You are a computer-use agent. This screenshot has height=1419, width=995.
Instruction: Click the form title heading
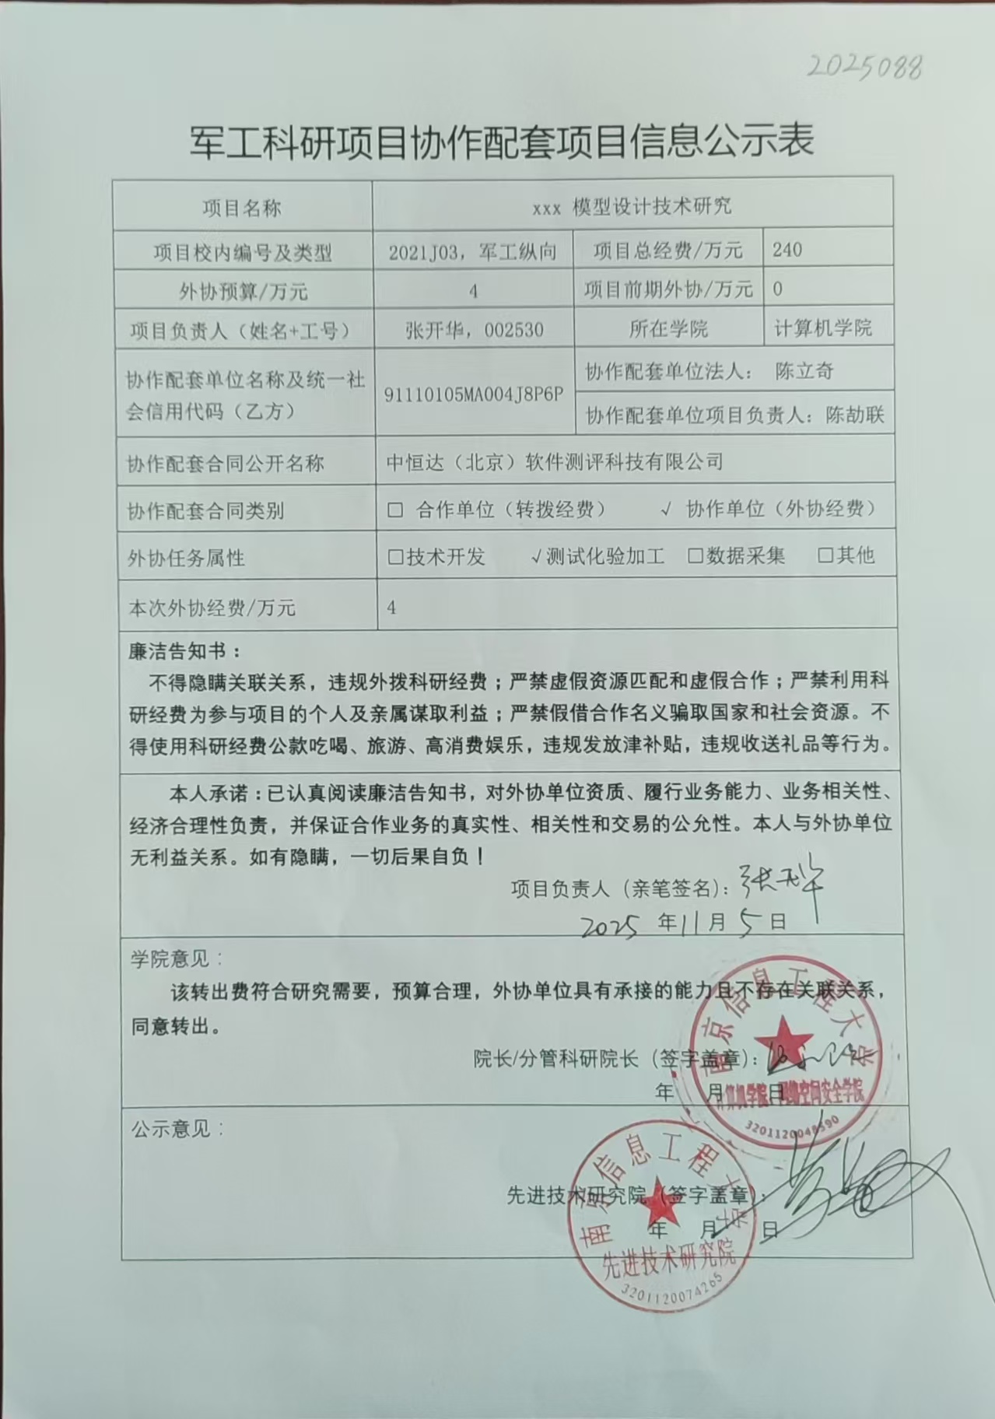click(502, 142)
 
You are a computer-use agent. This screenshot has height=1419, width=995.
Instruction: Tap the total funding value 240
click(787, 250)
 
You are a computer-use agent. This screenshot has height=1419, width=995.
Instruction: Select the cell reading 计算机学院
click(822, 328)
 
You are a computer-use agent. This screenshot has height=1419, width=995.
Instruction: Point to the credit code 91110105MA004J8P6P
click(474, 394)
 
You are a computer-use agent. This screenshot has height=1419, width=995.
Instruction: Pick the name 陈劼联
click(855, 415)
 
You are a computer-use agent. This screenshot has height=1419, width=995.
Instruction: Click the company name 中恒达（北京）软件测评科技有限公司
click(555, 462)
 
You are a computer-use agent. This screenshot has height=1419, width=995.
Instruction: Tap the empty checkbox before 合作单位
click(395, 510)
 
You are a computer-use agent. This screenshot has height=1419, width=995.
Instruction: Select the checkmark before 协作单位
click(666, 510)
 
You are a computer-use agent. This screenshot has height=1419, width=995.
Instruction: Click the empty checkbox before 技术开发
click(395, 557)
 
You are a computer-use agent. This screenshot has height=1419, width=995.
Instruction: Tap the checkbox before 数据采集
click(695, 556)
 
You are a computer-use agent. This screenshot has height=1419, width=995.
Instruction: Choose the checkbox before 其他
click(825, 555)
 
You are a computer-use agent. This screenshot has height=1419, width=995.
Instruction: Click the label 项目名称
click(242, 208)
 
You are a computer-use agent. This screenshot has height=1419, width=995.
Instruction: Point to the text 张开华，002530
click(474, 330)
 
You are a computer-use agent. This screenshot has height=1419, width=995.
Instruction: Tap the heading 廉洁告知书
click(184, 651)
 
